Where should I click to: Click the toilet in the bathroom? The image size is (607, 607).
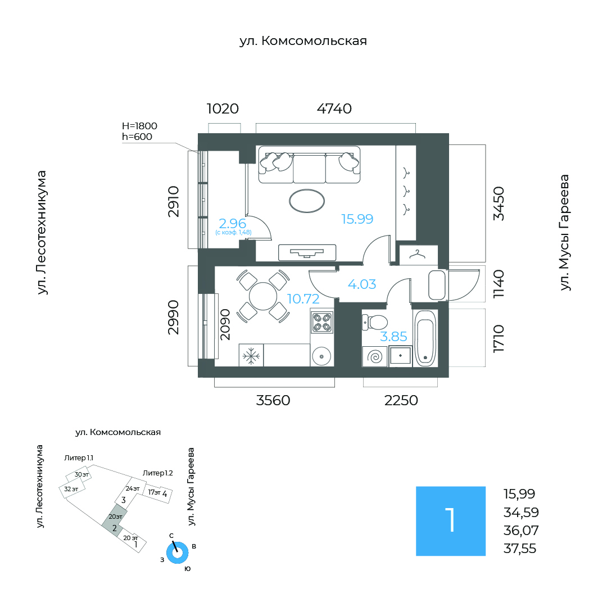coord(375,323)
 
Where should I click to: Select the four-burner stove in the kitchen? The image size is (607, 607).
coord(321,322)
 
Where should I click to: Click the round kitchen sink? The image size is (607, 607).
coord(321,355)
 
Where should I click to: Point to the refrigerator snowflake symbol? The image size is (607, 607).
coord(251,356)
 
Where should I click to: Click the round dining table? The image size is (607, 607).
coord(263,297)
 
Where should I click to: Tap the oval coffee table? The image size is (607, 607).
coord(307,201)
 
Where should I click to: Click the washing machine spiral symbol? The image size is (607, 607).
coord(375,356)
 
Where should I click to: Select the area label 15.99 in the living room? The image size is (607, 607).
coord(357,219)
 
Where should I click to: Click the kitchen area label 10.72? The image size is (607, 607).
coord(303,299)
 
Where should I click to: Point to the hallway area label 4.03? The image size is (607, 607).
coord(362,284)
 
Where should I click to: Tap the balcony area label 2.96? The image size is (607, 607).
coord(232,223)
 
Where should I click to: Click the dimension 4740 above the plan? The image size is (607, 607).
coord(334,109)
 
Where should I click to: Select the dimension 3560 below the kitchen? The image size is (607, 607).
coord(273,400)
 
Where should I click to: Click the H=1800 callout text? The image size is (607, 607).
coord(139,126)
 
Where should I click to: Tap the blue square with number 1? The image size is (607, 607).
coord(451,521)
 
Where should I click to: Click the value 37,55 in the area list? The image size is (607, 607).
coord(519,549)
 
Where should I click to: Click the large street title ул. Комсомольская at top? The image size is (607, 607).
coord(303,41)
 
